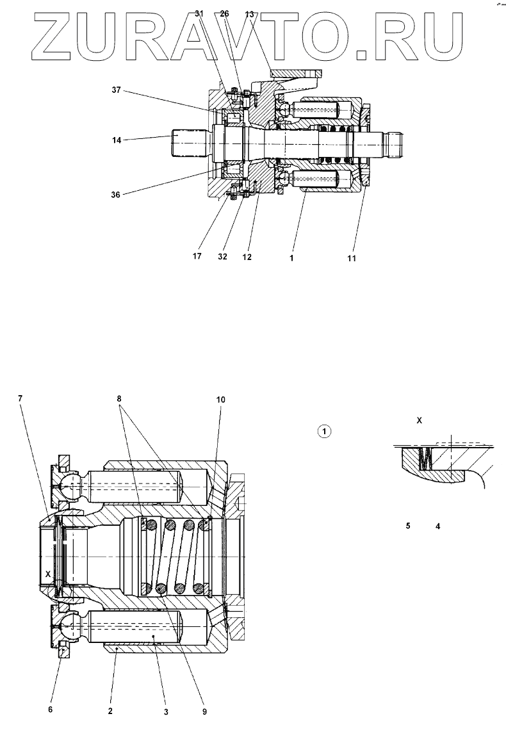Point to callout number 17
pos(197,256)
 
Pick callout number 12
pos(247,257)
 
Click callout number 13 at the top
pos(249,14)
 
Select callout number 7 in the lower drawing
pos(20,398)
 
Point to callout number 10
pos(220,400)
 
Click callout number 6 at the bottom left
pos(51,709)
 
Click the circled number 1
pos(325,431)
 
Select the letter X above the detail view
pos(420,421)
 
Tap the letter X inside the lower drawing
pos(48,573)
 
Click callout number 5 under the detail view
pos(407,526)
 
